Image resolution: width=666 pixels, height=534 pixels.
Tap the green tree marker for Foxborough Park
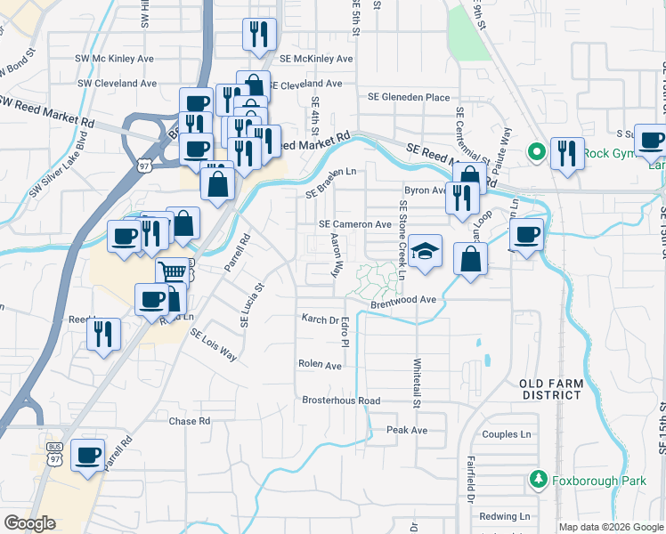pos(538,481)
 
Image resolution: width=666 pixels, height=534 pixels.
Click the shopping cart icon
pos(171,271)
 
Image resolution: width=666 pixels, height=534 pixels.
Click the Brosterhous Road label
pos(341,400)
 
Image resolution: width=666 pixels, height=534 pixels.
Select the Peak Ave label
pos(408,430)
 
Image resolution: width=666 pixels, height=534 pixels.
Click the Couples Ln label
pos(506,434)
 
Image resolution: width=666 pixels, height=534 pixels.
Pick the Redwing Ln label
pos(505,516)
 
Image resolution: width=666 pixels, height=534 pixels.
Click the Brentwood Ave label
pos(403,300)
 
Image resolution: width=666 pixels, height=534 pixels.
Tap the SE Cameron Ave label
pos(355,224)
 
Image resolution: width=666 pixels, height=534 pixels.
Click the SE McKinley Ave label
pos(316,59)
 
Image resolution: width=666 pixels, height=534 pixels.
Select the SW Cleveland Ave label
pos(117,83)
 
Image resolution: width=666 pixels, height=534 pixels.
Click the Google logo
pos(29,522)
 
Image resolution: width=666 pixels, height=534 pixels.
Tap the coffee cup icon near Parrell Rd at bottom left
pos(88,455)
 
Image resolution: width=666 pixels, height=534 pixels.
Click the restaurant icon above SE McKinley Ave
pos(259,34)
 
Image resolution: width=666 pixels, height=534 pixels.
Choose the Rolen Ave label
pos(321,365)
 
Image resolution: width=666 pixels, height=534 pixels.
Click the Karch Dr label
pos(321,319)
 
